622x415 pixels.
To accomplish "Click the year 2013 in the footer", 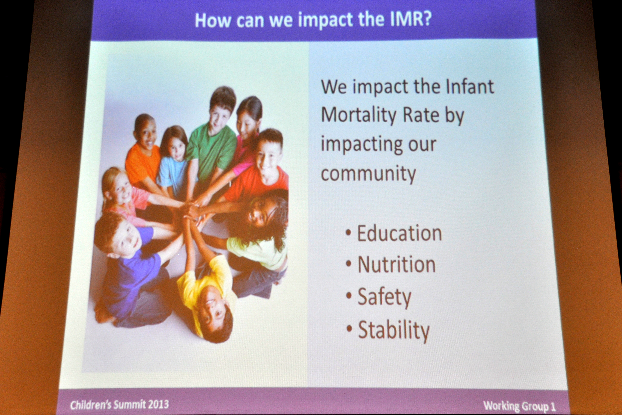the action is pyautogui.click(x=158, y=404).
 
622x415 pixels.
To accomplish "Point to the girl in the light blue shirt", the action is pyautogui.click(x=173, y=161).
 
